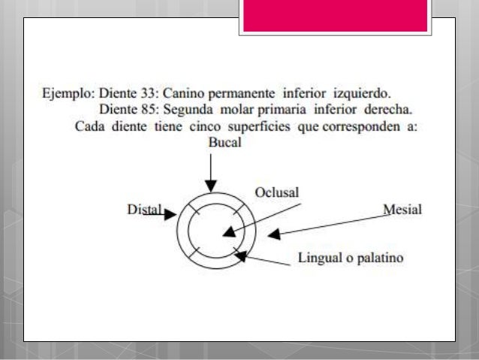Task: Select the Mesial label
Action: [402, 209]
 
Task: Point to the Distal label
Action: [144, 210]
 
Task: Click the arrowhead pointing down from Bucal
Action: [211, 185]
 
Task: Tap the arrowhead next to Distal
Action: [170, 214]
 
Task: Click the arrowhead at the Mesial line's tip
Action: [274, 234]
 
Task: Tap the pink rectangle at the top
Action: [336, 16]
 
